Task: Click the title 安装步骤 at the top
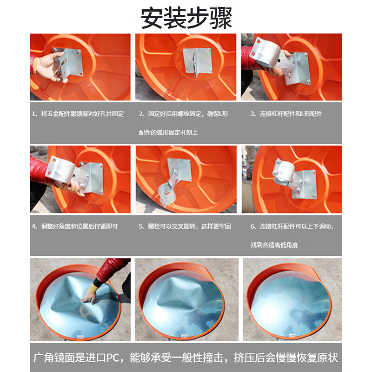click(x=186, y=18)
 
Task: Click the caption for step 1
click(x=78, y=114)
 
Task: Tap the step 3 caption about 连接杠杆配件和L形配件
click(x=286, y=114)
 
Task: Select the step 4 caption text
click(x=75, y=226)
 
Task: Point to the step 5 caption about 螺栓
click(x=185, y=226)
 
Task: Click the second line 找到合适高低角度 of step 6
click(x=274, y=245)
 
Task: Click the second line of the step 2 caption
click(x=168, y=133)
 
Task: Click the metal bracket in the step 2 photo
click(x=197, y=62)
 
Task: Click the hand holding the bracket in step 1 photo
click(x=49, y=66)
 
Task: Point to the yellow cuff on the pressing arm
click(x=94, y=289)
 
